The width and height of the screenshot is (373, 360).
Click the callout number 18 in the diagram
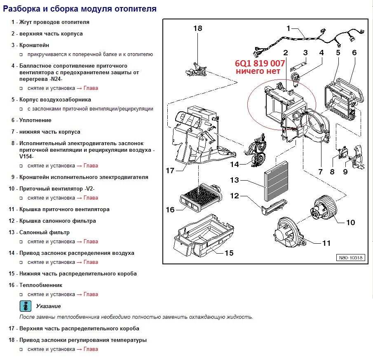[198, 28]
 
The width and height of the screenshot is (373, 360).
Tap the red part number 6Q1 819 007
[260, 64]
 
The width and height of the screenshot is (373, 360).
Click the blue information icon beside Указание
[26, 306]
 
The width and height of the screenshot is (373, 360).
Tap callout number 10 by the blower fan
[350, 222]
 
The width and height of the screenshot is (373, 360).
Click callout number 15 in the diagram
[229, 252]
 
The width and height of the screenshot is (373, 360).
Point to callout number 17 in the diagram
[171, 170]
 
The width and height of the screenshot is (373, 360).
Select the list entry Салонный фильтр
[45, 233]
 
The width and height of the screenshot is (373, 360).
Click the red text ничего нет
[258, 72]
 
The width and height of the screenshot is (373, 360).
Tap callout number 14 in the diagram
[235, 164]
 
